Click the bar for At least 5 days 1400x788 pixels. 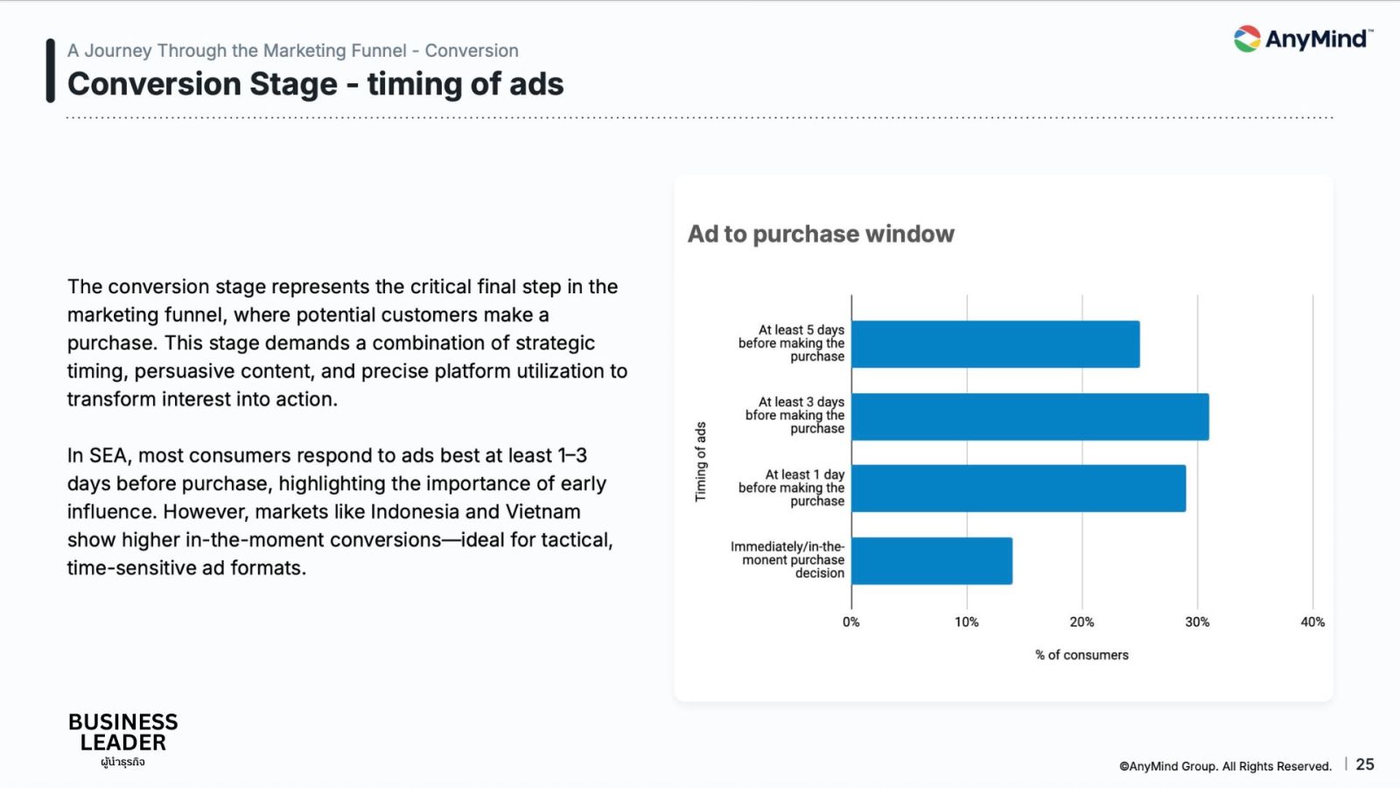(x=996, y=344)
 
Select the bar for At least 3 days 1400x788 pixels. (x=1030, y=417)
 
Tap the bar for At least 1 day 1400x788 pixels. (x=1018, y=489)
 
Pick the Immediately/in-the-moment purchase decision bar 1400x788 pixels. (x=932, y=561)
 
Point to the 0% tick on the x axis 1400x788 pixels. (x=851, y=623)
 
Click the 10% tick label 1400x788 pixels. (x=966, y=623)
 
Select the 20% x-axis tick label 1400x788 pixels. (x=1081, y=623)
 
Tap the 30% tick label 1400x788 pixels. (x=1198, y=623)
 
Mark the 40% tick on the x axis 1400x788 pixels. (x=1312, y=623)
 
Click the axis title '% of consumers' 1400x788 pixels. (x=1081, y=655)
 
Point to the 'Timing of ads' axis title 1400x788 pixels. (x=701, y=461)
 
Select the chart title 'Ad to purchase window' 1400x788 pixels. (x=821, y=234)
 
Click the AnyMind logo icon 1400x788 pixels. (x=1247, y=39)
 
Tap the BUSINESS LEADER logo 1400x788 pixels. (x=123, y=739)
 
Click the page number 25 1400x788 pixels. (x=1365, y=764)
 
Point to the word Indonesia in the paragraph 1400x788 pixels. (x=413, y=511)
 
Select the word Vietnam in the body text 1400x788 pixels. (x=542, y=511)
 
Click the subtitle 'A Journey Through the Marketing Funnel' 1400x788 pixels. (x=237, y=50)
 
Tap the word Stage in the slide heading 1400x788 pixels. (x=294, y=84)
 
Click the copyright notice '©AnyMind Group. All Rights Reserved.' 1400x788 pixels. (x=1225, y=766)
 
